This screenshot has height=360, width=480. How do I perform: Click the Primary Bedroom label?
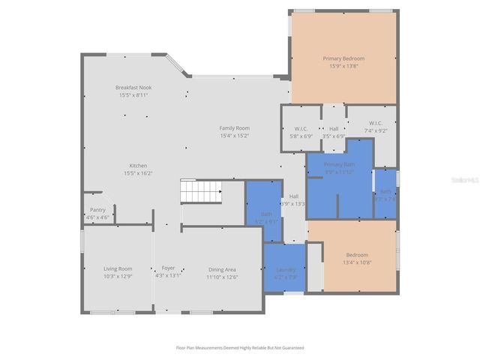(x=343, y=58)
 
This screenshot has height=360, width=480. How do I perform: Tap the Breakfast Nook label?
(x=133, y=88)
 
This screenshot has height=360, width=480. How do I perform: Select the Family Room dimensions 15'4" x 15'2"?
(x=234, y=136)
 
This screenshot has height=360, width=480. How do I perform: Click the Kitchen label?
(x=138, y=166)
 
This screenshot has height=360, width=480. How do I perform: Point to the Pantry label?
(x=97, y=210)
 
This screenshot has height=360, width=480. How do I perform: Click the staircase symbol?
(x=201, y=192)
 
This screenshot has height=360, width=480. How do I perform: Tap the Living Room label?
(x=118, y=268)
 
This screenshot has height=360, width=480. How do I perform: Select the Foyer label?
(x=168, y=268)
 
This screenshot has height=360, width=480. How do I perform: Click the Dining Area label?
(x=222, y=269)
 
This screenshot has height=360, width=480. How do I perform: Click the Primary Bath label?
(x=339, y=164)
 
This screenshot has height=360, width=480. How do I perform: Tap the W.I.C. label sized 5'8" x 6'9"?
(x=301, y=129)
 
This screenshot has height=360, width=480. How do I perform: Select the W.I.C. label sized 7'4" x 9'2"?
(x=376, y=123)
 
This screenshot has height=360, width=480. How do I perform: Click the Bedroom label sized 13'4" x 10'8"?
(x=357, y=254)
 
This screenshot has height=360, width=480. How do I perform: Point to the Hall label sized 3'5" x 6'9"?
(x=333, y=129)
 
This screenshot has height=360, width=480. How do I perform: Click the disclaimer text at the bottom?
(x=239, y=348)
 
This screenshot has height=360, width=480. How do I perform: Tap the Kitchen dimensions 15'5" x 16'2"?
(x=138, y=173)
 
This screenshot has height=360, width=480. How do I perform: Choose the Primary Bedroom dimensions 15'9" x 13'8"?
(x=343, y=66)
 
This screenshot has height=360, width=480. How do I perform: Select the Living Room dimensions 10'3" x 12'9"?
(x=118, y=276)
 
